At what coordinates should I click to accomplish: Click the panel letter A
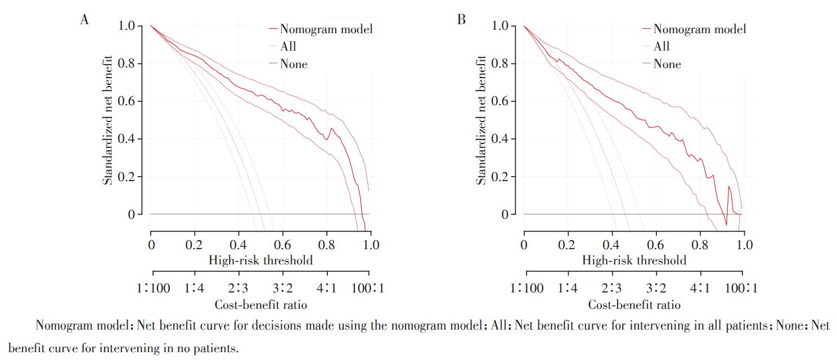[84, 20]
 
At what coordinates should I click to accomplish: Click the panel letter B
[461, 20]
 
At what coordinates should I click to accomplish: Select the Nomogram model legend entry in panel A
[321, 29]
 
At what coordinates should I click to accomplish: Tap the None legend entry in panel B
[661, 64]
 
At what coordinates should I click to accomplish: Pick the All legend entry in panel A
[283, 46]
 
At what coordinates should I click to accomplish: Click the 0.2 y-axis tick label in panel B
[499, 177]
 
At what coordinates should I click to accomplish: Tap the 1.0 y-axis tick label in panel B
[499, 25]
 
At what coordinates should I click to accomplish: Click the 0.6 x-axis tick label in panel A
[282, 245]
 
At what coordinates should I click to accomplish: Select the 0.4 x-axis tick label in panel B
[610, 245]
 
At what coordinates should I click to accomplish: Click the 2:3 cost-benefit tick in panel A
[238, 288]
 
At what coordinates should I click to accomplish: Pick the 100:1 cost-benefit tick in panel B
[741, 288]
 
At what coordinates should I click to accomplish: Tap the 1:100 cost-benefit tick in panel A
[153, 288]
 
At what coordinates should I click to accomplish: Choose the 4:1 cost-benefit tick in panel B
[700, 288]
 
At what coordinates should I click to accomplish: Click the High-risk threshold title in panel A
[260, 260]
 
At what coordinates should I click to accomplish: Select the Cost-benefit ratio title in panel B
[634, 305]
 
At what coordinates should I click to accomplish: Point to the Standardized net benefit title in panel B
[481, 120]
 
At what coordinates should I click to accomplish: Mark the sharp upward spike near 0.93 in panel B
[728, 186]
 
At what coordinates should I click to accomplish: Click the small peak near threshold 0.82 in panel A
[331, 128]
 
